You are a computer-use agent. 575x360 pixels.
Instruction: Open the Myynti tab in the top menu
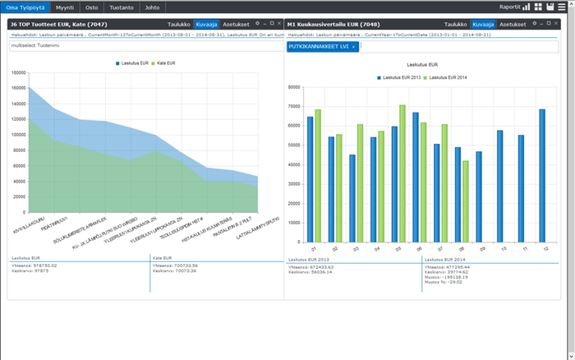(63, 7)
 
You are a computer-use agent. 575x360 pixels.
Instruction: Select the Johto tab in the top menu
(152, 7)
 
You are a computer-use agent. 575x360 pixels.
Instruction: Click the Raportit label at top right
(509, 7)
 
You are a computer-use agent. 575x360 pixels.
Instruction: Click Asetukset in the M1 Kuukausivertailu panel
(513, 25)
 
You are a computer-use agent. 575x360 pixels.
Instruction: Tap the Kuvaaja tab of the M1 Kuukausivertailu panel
(482, 25)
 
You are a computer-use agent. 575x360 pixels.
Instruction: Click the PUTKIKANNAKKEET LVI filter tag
(319, 47)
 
